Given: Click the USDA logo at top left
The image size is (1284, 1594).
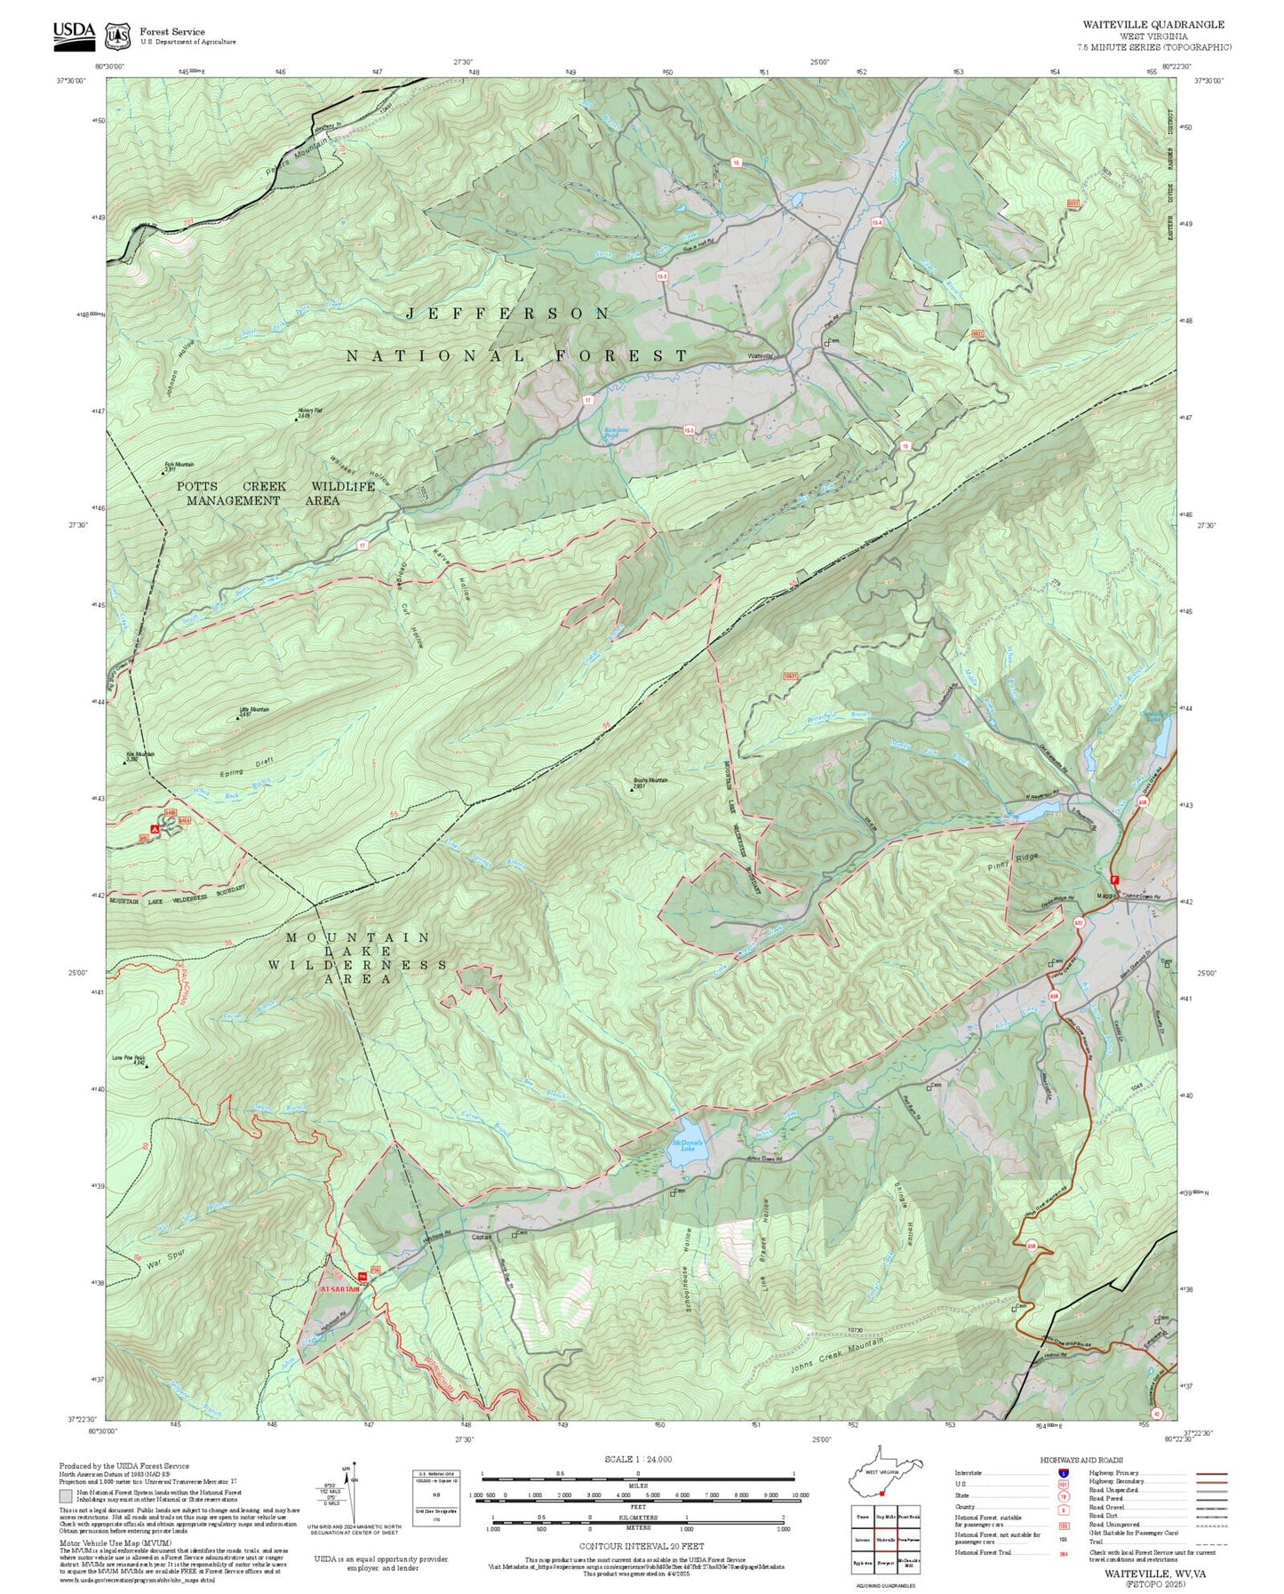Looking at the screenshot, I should (74, 34).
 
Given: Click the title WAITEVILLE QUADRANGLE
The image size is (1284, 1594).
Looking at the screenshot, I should (1153, 25).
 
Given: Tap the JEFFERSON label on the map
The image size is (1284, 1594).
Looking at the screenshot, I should (508, 314).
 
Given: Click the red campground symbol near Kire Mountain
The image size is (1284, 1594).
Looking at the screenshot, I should (156, 829).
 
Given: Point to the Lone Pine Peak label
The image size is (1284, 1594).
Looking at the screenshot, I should (128, 1058).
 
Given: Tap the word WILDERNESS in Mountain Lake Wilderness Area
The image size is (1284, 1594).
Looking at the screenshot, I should (358, 964).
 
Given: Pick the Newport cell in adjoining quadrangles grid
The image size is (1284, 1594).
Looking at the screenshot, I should (884, 1559).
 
